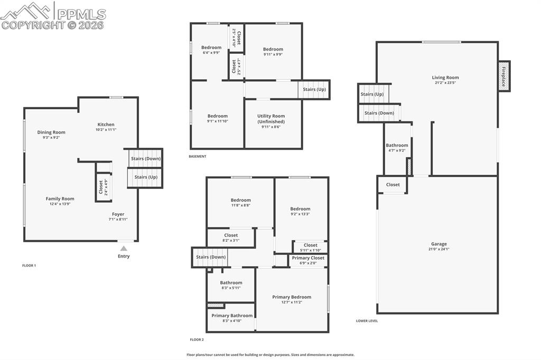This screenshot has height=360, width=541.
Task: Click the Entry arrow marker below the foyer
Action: click(x=123, y=248)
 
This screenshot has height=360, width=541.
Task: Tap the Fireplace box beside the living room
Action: click(x=504, y=77)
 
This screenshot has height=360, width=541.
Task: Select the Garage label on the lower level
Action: click(x=439, y=244)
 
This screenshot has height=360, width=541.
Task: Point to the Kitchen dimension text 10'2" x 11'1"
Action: click(x=106, y=129)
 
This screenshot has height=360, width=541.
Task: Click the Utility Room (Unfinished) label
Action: click(x=271, y=119)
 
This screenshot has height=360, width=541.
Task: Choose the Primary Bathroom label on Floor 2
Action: click(x=231, y=316)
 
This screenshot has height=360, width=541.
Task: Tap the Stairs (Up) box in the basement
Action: click(x=314, y=90)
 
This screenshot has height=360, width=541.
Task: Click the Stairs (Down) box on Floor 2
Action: click(x=211, y=257)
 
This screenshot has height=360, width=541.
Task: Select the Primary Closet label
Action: click(x=308, y=258)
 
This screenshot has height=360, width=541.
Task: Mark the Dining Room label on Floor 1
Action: click(x=51, y=132)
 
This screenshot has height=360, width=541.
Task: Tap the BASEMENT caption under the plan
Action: click(x=197, y=156)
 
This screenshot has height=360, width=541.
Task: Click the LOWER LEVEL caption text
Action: click(x=367, y=320)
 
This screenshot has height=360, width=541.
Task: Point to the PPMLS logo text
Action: click(x=80, y=14)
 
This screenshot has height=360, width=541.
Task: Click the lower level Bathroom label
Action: click(x=397, y=145)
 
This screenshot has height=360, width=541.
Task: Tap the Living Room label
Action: click(x=445, y=78)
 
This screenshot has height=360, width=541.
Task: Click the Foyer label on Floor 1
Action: click(x=118, y=214)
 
